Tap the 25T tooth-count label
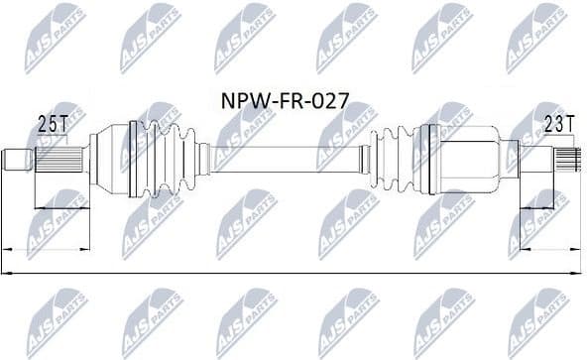tap(52, 123)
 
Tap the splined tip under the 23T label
tap(568, 156)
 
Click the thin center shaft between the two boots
tap(288, 156)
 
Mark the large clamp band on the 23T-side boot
tap(428, 157)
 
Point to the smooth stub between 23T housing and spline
tap(536, 156)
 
